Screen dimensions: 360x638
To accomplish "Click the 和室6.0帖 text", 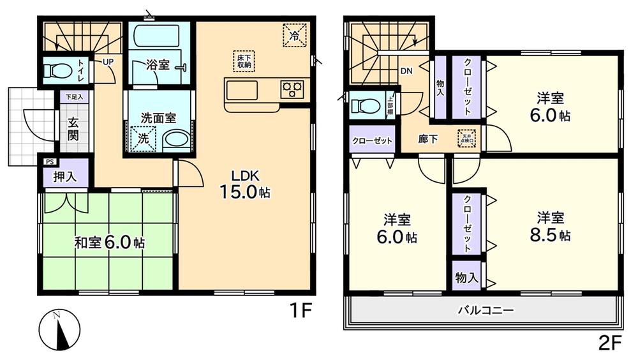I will [x=110, y=243].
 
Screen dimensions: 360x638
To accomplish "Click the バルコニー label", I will [x=486, y=311].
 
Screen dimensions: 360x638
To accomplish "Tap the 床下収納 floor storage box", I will [x=244, y=61].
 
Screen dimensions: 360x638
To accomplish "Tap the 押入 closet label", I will [x=66, y=176].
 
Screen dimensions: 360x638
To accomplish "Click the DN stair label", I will [x=406, y=71].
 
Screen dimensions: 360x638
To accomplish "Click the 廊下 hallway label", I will [x=427, y=139].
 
